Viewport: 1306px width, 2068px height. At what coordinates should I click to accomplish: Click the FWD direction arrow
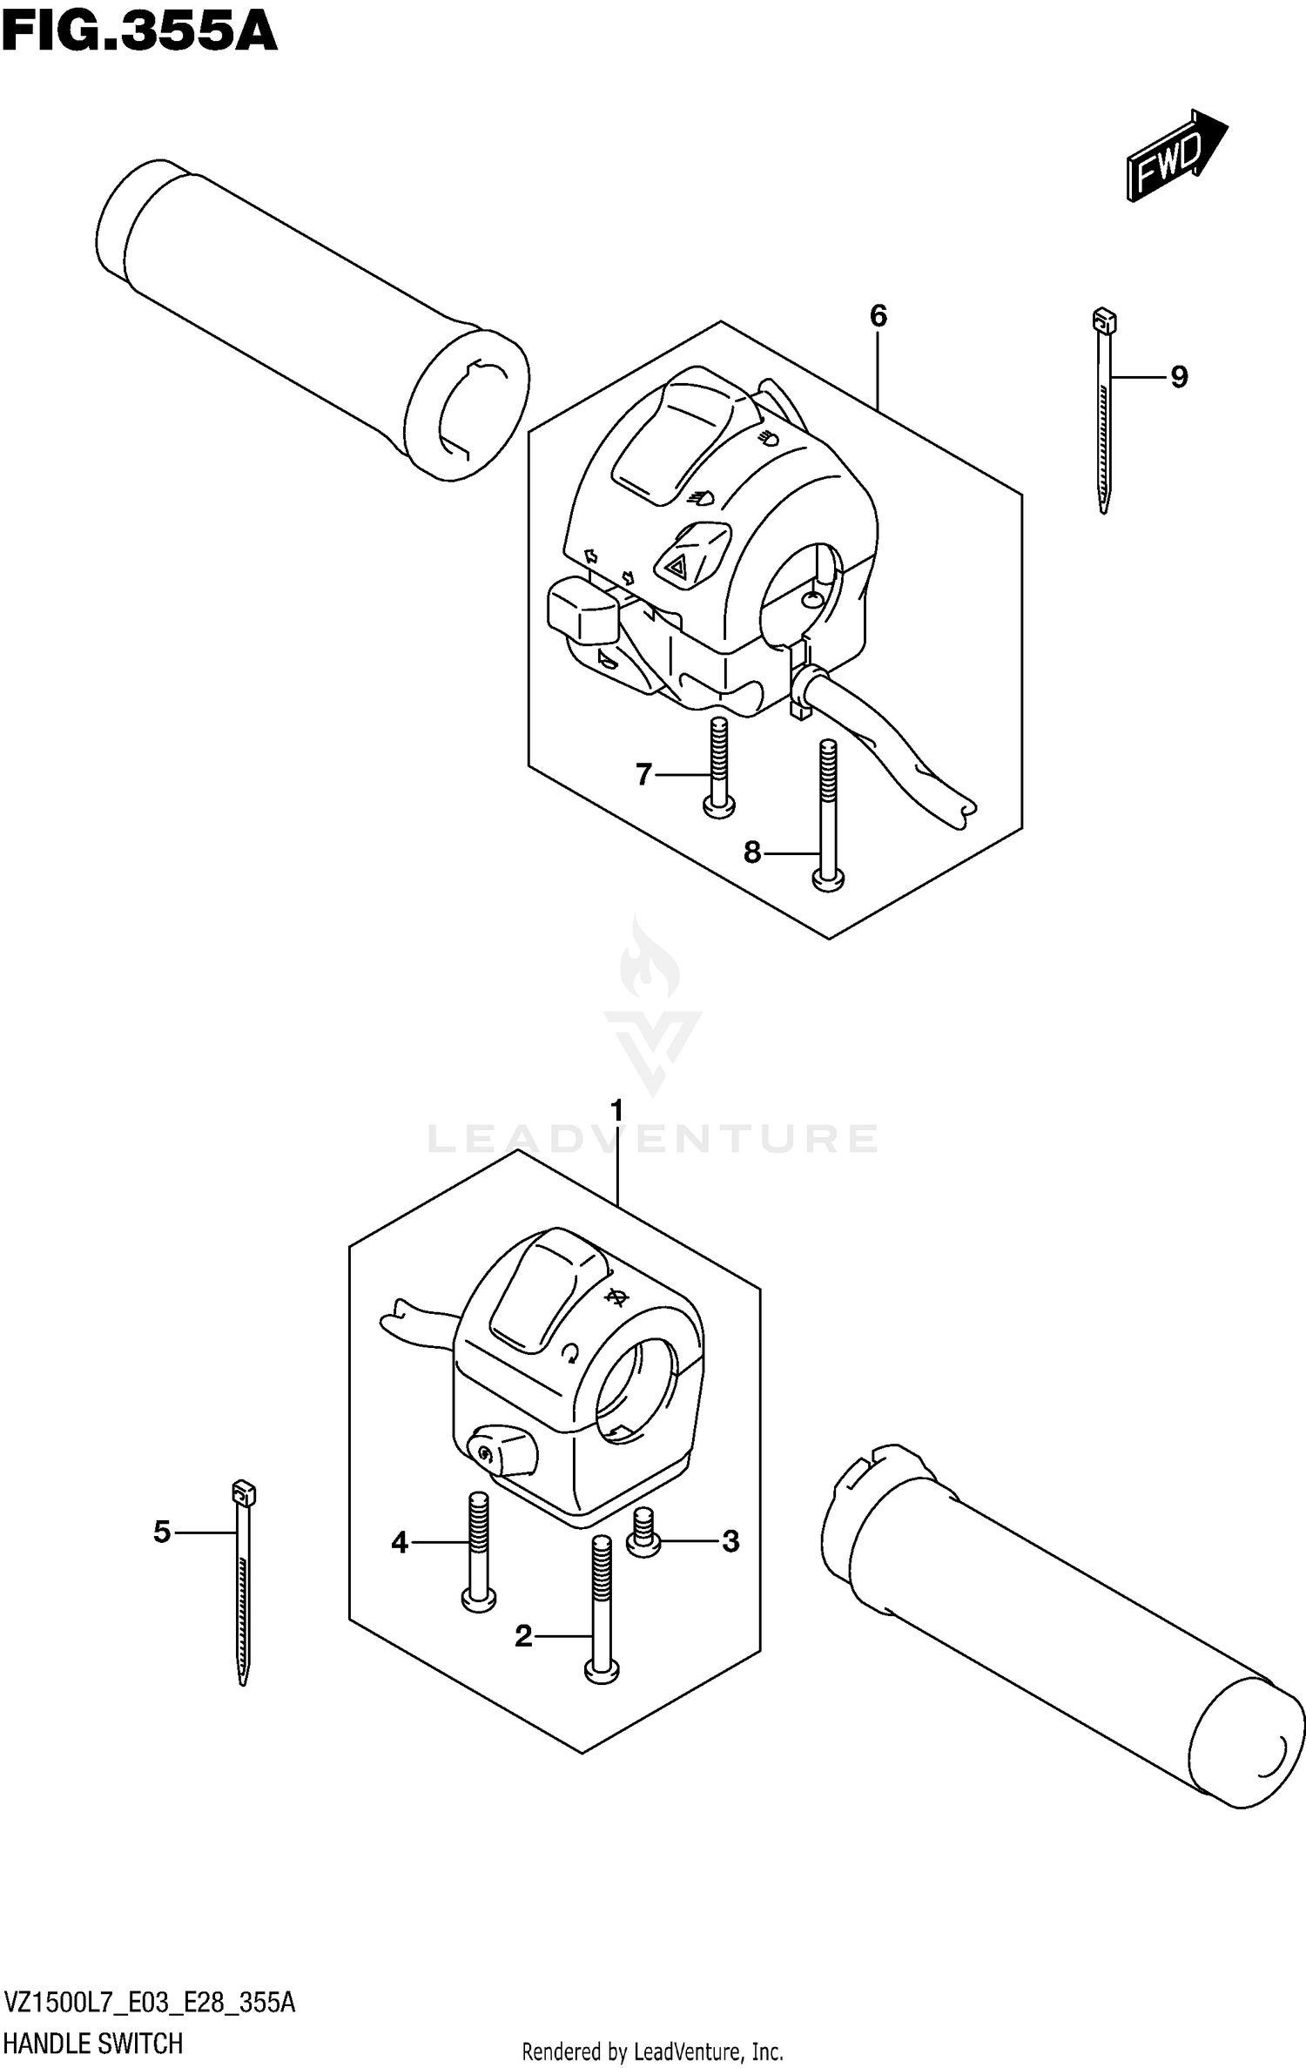pos(1175,157)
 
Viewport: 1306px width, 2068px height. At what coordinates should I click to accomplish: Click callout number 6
pos(878,315)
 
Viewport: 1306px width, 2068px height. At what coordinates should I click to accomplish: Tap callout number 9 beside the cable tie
pos(1178,377)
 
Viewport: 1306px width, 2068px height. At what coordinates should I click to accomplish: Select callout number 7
pos(643,773)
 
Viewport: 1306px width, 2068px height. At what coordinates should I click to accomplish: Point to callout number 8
pos(752,852)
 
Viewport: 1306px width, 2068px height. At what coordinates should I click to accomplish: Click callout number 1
pos(617,1111)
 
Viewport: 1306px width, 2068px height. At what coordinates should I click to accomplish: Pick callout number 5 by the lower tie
pos(162,1532)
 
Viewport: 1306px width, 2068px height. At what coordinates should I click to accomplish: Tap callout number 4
pos(400,1543)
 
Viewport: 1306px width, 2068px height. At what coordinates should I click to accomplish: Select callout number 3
pos(730,1541)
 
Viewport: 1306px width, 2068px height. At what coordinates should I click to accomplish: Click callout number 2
pos(523,1636)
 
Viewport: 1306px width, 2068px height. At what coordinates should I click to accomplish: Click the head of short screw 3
pos(644,1545)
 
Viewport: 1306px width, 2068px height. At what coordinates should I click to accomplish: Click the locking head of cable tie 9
pos(1104,320)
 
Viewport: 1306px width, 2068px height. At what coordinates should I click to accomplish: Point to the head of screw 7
pos(718,807)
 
